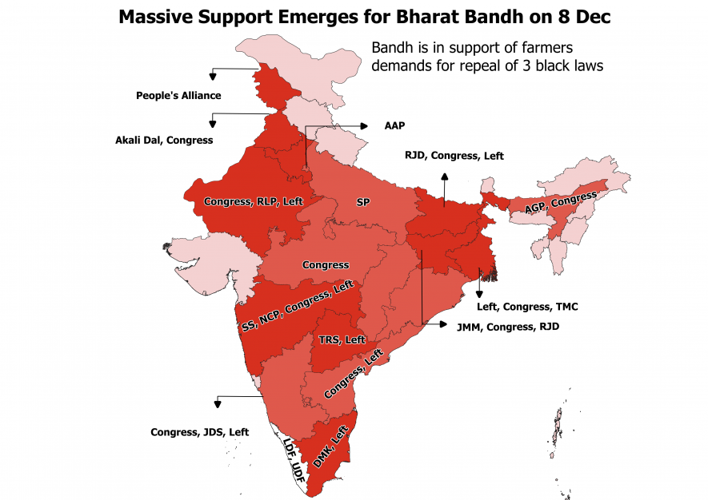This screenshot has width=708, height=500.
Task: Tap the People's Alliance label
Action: [x=178, y=96]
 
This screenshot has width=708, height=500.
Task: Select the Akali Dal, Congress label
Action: [x=164, y=140]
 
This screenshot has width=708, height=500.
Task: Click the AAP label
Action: [x=394, y=125]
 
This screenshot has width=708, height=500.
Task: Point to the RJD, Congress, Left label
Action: [x=454, y=156]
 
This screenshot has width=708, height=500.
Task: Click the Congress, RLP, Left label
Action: [x=253, y=201]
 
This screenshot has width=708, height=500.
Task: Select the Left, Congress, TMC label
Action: [x=527, y=307]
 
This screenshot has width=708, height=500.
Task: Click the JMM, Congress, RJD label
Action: [x=506, y=327]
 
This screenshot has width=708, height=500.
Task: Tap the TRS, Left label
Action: [x=342, y=339]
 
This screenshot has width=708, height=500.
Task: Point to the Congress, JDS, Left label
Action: [x=199, y=432]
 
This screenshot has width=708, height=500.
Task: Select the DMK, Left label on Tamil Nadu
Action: [x=329, y=446]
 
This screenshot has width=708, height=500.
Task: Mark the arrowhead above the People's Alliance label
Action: [x=213, y=77]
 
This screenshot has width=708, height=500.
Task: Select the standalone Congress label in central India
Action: [x=325, y=264]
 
